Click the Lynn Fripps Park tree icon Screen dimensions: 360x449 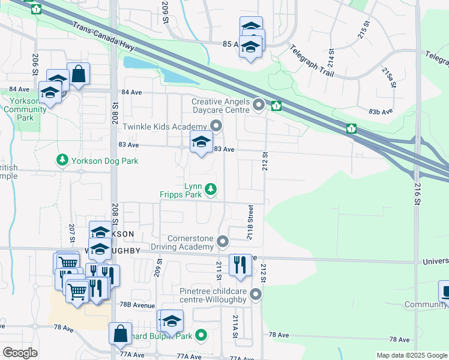tap(210, 190)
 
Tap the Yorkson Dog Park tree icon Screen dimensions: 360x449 tap(61, 160)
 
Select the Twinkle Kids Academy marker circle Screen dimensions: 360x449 tap(216, 126)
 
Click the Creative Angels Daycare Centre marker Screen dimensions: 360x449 tap(259, 105)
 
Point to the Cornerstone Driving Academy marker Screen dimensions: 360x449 tap(223, 242)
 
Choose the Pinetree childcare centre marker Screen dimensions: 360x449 tap(256, 295)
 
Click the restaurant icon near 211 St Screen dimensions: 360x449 tap(240, 265)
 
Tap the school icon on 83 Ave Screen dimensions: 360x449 tap(201, 142)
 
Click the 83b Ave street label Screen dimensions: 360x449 tap(381, 112)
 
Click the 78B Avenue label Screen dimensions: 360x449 tap(136, 305)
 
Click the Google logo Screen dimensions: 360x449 tap(20, 353)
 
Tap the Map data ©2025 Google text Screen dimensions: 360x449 tap(411, 355)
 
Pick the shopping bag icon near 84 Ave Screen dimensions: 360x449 tap(78, 74)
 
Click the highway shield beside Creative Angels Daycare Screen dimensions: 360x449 tap(276, 107)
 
